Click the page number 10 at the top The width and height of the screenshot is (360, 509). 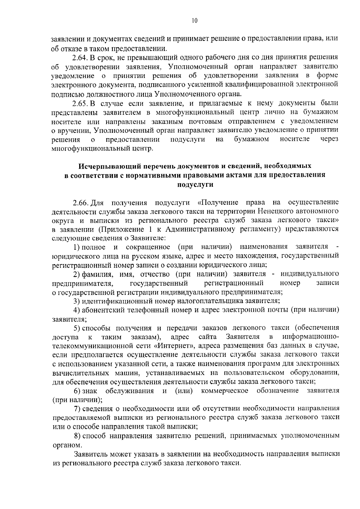[x=194, y=21]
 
